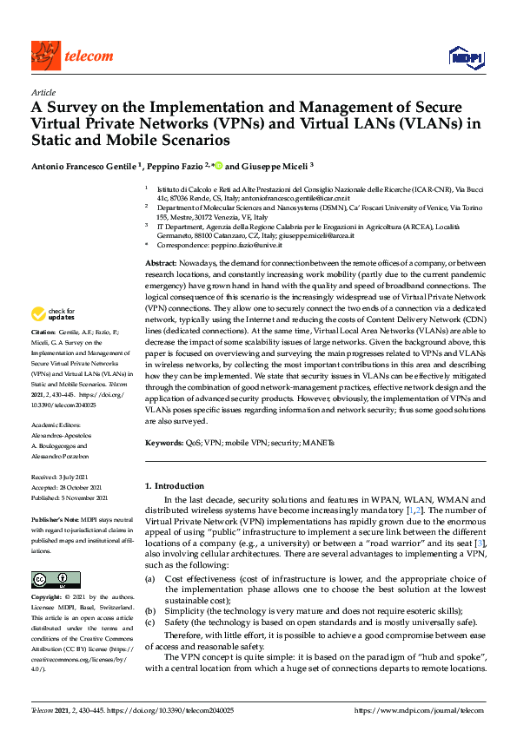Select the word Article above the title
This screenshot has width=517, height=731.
pyautogui.click(x=43, y=92)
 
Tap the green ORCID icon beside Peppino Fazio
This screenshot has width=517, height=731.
pyautogui.click(x=217, y=165)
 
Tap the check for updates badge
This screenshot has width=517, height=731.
pyautogui.click(x=54, y=314)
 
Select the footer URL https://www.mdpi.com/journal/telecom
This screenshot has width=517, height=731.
pyautogui.click(x=421, y=710)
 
